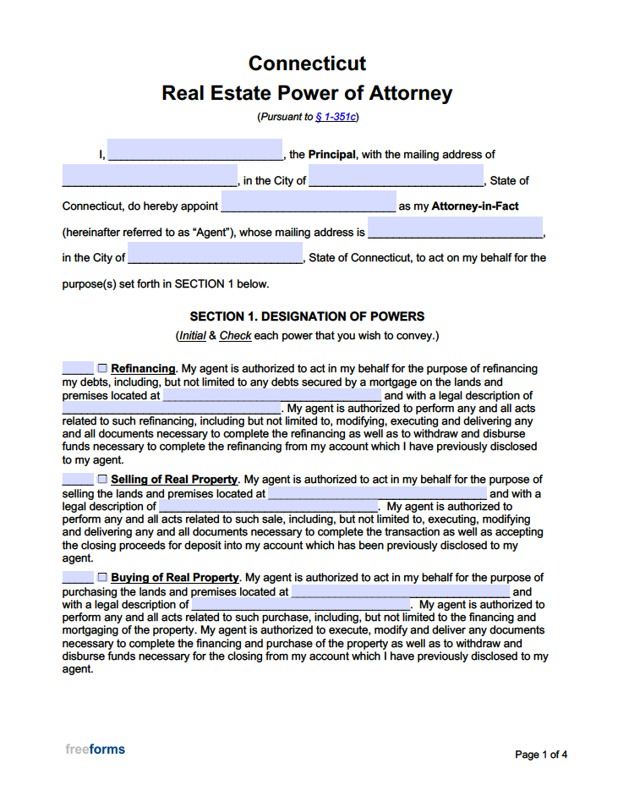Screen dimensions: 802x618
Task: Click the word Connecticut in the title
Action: point(307,63)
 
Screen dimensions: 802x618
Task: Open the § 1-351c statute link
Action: point(335,118)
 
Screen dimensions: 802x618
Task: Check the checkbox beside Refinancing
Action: point(102,368)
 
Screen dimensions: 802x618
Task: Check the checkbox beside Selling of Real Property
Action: point(102,479)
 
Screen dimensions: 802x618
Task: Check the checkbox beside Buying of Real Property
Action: point(102,577)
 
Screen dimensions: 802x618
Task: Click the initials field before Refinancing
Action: point(77,368)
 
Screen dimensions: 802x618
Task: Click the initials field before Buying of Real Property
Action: point(77,577)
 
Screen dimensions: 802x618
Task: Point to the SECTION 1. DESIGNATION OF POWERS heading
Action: point(307,316)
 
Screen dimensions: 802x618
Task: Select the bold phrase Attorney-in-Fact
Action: point(475,206)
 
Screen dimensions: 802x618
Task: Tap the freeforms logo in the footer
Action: point(95,749)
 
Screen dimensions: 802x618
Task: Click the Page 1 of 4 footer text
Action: point(541,755)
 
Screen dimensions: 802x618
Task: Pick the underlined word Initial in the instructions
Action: point(192,336)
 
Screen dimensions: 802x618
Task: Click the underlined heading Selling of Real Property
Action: point(174,480)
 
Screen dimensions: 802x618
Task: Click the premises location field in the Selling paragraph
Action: point(377,492)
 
